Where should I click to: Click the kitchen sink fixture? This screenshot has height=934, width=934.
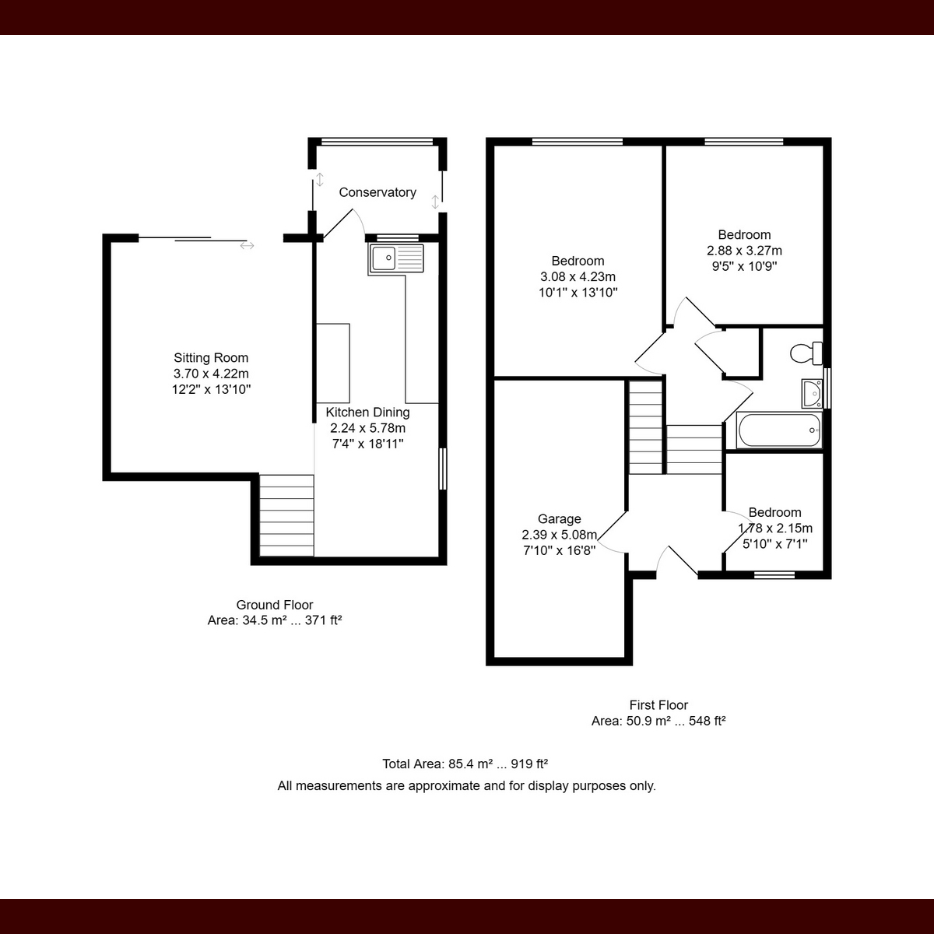click(x=396, y=258)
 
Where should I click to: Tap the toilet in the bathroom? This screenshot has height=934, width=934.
click(x=806, y=353)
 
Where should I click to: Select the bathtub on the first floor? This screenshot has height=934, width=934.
click(x=779, y=430)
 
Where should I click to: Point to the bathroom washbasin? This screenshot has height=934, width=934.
click(x=812, y=393)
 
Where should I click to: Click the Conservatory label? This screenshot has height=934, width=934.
click(x=377, y=192)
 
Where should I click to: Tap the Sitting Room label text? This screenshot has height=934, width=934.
click(x=211, y=358)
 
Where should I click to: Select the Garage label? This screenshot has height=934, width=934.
click(x=560, y=518)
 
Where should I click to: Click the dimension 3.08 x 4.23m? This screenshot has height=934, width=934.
click(x=578, y=277)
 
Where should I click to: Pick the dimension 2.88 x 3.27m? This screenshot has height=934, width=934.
click(x=745, y=251)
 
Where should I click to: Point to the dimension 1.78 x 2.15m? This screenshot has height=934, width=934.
click(x=775, y=528)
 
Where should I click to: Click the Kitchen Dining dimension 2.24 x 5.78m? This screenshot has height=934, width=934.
click(x=368, y=428)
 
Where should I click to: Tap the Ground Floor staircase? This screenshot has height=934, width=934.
click(x=286, y=515)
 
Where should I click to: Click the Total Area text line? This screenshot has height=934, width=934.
click(x=465, y=764)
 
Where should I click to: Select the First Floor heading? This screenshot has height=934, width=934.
click(x=658, y=704)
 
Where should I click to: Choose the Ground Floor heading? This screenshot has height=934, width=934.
click(x=275, y=605)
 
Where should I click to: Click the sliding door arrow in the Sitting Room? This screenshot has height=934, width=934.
click(x=247, y=246)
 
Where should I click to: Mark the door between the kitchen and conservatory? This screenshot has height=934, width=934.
click(x=343, y=224)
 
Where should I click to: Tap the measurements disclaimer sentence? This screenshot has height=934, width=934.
click(x=466, y=785)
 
